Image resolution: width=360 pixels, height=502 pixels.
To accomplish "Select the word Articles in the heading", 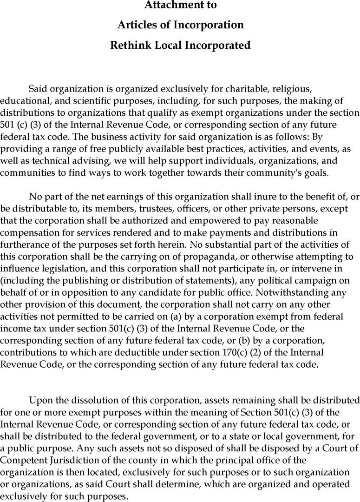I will point(135,25).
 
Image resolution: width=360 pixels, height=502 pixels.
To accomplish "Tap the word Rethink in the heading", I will point(128,46).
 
